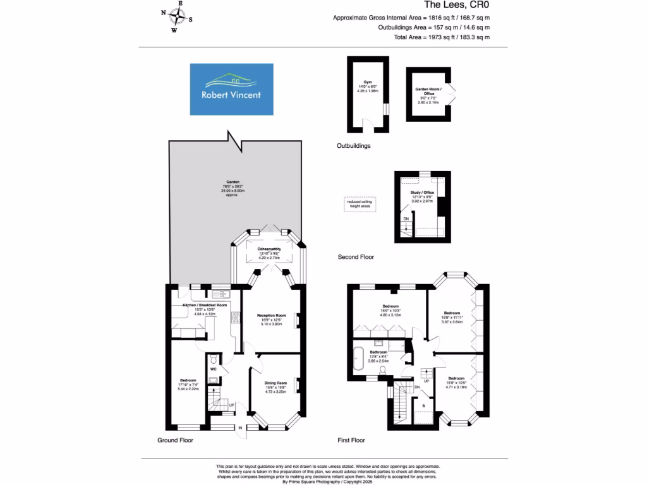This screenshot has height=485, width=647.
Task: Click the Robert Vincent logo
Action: [232, 89]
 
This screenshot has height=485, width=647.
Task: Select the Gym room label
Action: [367, 85]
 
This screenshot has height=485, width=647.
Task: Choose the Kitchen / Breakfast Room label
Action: [204, 305]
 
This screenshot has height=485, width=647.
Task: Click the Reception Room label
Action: [272, 316]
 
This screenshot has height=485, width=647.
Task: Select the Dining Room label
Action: [275, 382]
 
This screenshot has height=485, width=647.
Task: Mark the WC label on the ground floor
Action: [213, 368]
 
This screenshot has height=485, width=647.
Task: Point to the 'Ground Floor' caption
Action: [175, 440]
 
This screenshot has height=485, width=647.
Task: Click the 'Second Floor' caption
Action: [356, 257]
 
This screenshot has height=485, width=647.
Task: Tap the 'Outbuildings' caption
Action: [353, 145]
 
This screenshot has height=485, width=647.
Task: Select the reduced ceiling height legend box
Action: [360, 204]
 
